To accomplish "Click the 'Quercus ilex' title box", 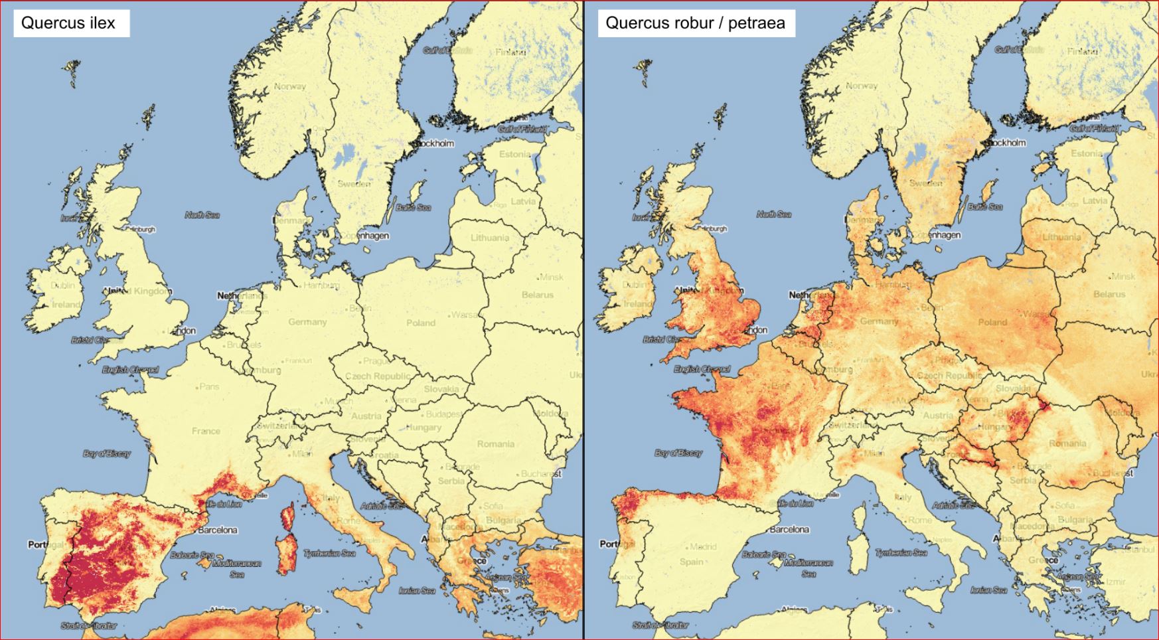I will [68, 23].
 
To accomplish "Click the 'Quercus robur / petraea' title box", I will [695, 23].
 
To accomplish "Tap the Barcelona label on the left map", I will [217, 530].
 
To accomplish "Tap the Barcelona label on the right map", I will [789, 529].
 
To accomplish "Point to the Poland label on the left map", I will [421, 323].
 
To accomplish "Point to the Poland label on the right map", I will [992, 322].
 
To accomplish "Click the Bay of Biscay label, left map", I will [107, 453].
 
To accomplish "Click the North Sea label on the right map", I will [774, 214].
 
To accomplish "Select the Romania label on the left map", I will [495, 443].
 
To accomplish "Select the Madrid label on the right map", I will [703, 547].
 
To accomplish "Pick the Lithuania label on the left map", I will [490, 238].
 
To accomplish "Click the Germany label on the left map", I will [307, 321].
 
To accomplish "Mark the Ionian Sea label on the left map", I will [417, 590].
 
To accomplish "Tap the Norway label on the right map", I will [862, 86].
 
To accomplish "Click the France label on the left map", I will [206, 431].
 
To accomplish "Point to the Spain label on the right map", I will [691, 562].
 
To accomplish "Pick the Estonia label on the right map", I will [1086, 153].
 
